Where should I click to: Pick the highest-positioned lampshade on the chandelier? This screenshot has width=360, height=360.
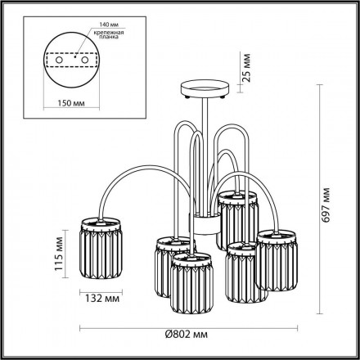point(238,217)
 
